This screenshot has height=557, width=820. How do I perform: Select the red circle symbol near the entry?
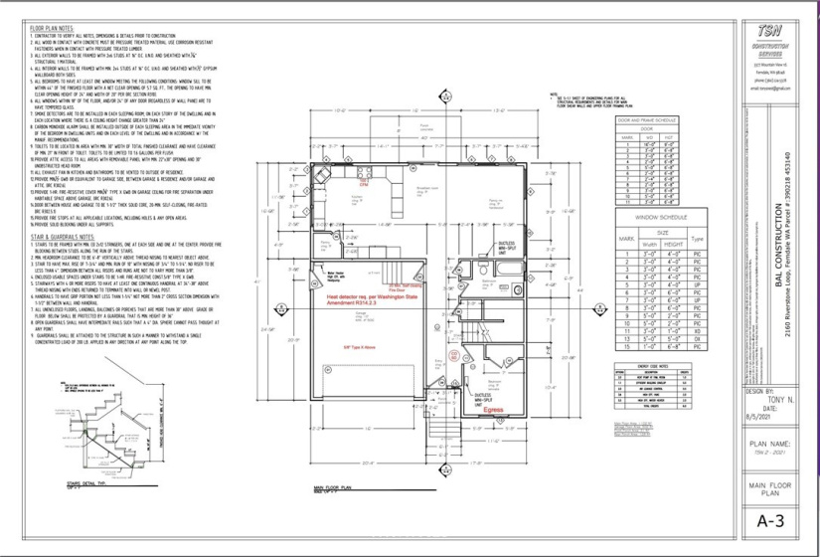(453, 354)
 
